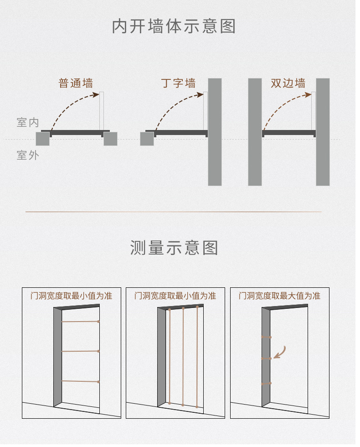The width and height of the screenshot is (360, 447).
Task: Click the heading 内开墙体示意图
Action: coord(174,26)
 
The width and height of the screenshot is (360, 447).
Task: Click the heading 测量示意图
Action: coord(174,248)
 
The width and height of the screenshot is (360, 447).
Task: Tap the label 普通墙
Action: coord(76,83)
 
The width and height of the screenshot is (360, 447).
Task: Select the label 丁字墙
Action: coord(178,83)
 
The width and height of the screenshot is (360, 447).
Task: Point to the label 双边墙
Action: coord(288,83)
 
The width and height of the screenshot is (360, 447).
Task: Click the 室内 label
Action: coord(28,123)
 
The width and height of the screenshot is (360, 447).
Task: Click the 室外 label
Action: coord(28,155)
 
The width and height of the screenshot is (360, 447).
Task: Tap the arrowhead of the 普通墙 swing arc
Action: coord(96,94)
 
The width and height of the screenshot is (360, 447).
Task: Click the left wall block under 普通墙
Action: coord(42,139)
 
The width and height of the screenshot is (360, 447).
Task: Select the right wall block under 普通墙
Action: coord(110,139)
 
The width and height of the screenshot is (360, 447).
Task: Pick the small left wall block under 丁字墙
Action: coord(147,139)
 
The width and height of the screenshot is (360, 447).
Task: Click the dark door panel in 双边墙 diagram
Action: coord(289,133)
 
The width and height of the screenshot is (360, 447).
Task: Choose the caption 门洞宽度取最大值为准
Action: coord(279,296)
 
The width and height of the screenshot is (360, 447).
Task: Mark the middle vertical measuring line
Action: coord(183,356)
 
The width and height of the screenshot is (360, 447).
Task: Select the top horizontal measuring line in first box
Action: coord(80,322)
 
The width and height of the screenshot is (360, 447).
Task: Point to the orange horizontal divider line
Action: coord(173,212)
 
